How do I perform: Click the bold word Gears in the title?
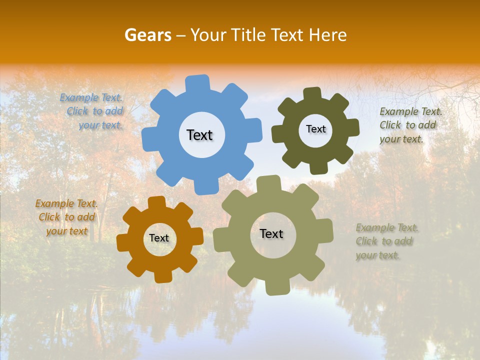[147, 35]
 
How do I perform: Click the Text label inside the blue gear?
[199, 135]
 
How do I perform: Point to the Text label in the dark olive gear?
[315, 129]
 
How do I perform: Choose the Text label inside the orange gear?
[159, 238]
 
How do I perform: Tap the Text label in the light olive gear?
[271, 234]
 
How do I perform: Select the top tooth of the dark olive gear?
[312, 93]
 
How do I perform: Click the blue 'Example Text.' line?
[91, 97]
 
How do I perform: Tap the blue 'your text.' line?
[100, 125]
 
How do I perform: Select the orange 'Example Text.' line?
[66, 203]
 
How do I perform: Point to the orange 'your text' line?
[67, 231]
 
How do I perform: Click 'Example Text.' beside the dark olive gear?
[410, 111]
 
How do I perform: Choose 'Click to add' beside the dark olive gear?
[407, 125]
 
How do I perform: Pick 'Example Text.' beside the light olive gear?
[387, 228]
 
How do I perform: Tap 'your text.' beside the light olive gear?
[378, 255]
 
